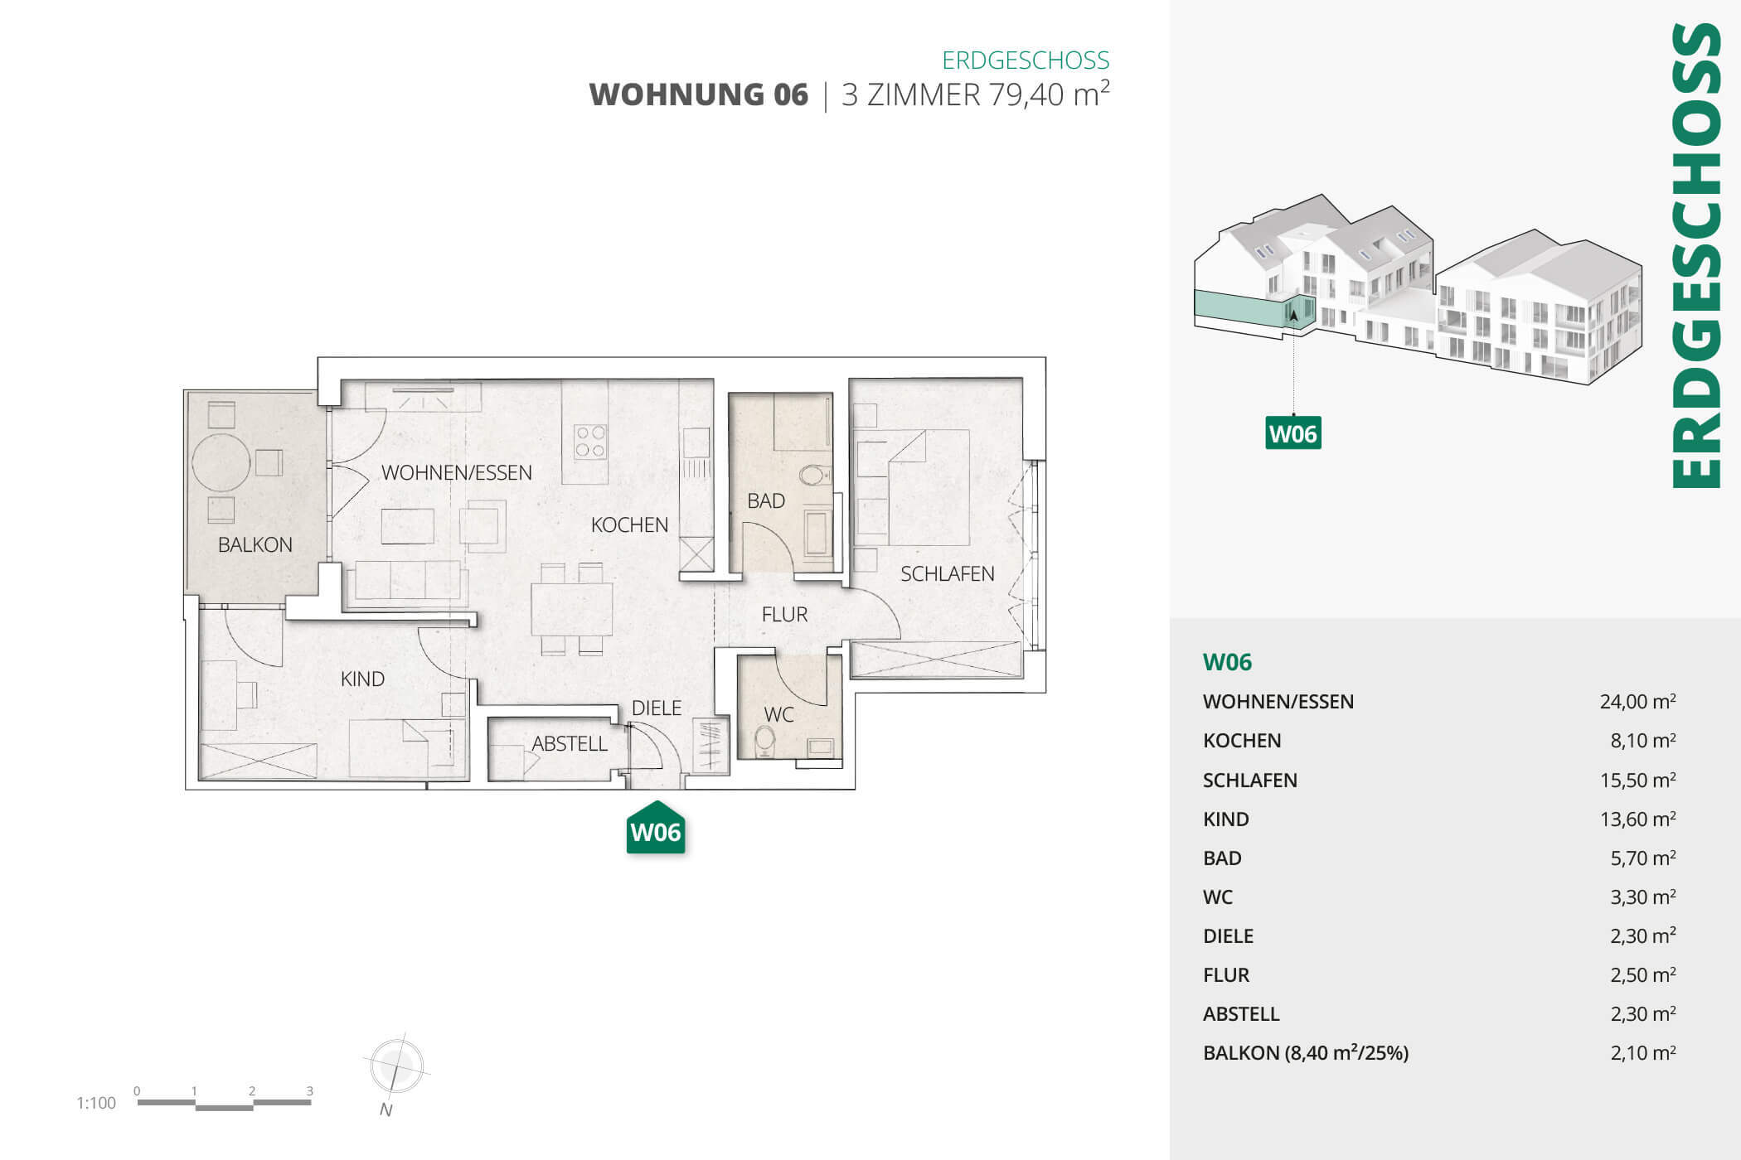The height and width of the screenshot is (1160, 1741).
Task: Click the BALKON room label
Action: pos(255,544)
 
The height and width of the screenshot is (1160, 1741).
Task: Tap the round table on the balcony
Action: pos(221,462)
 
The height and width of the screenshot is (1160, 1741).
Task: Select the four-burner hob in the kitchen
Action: pos(589,442)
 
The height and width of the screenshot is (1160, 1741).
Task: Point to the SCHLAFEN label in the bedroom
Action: pos(947,573)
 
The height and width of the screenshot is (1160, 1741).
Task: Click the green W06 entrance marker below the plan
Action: pos(655,829)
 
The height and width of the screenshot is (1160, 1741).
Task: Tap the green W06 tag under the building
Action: pos(1292,433)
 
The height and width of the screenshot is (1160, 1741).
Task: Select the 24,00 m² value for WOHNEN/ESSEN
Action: pos(1637,702)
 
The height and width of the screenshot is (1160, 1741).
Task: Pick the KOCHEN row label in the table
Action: pos(1241,741)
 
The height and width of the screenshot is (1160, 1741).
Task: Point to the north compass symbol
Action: pos(396,1067)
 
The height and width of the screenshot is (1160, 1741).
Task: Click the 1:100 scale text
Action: pos(96,1103)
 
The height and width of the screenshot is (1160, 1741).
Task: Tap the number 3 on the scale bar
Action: pos(309,1091)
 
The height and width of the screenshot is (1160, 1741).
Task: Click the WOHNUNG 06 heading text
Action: pos(698,94)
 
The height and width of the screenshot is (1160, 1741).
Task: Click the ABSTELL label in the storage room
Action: pos(569,744)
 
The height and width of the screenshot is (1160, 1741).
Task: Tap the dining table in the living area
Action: pos(571,609)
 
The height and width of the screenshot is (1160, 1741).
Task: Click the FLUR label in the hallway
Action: pos(784,614)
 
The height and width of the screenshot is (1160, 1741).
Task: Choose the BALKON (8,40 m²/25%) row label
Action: pos(1305,1053)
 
